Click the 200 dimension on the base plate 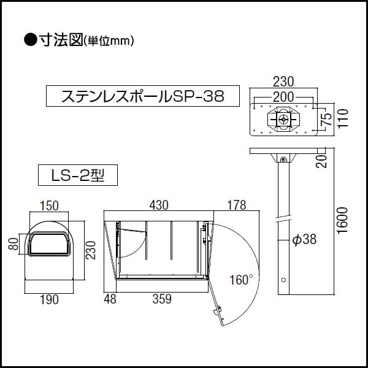click(x=283, y=96)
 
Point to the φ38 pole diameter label click(x=304, y=240)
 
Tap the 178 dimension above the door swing click(x=236, y=204)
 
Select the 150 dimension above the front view click(x=50, y=204)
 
